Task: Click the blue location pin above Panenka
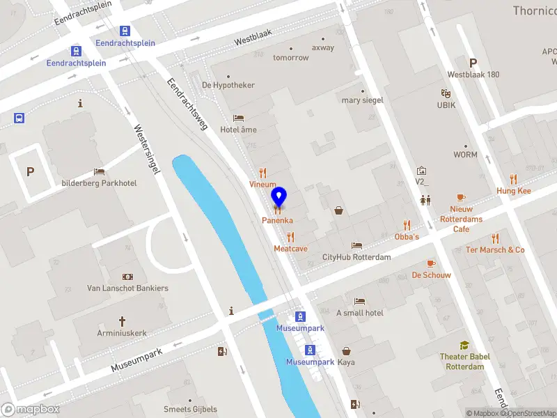[278, 196]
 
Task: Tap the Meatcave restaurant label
[290, 248]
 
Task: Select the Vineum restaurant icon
[262, 173]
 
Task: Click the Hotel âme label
[239, 130]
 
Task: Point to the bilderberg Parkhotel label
[99, 183]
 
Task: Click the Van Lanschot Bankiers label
[127, 288]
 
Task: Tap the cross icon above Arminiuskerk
[122, 321]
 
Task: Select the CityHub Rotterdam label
[356, 257]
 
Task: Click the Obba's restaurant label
[407, 237]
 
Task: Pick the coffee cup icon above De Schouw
[431, 263]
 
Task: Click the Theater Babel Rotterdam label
[464, 362]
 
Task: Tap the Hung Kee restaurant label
[514, 191]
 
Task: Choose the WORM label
[465, 155]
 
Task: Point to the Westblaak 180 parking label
[473, 75]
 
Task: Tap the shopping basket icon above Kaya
[346, 352]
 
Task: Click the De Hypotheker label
[228, 85]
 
